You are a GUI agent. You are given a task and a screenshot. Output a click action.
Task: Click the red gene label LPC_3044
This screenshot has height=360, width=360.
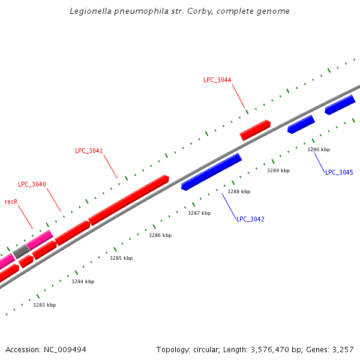(x=217, y=80)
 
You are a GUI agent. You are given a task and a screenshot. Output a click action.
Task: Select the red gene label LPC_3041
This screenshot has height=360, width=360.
(x=89, y=151)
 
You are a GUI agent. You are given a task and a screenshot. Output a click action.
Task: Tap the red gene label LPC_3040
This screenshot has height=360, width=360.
(x=32, y=184)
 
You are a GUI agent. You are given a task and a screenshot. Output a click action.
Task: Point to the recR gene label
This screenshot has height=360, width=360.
(x=11, y=202)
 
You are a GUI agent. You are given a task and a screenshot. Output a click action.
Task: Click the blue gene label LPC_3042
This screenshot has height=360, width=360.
(x=250, y=219)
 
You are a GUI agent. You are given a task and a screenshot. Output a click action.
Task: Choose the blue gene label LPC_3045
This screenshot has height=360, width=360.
(x=339, y=172)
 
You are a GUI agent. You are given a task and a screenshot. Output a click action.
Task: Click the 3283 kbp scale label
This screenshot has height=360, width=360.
(x=44, y=305)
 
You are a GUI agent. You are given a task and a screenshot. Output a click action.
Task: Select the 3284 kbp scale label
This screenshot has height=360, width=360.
(x=83, y=281)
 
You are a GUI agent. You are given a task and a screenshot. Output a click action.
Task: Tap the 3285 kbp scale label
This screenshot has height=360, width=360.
(x=121, y=258)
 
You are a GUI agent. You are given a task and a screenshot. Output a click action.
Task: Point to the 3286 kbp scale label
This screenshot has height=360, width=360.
(x=160, y=235)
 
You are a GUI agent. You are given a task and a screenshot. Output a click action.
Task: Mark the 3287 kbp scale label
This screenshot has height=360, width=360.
(x=199, y=213)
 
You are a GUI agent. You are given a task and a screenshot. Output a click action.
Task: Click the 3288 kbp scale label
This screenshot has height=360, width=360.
(x=239, y=191)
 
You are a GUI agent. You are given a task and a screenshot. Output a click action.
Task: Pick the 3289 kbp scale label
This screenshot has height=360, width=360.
(x=278, y=170)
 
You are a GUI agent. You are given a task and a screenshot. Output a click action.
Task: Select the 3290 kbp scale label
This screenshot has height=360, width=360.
(x=319, y=149)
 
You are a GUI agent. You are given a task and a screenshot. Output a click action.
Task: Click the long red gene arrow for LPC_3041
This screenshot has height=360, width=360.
(x=128, y=199)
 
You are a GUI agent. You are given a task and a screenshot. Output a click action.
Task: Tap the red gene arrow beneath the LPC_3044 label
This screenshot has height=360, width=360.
(x=255, y=130)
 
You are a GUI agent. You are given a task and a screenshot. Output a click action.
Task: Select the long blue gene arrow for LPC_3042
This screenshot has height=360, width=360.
(x=211, y=171)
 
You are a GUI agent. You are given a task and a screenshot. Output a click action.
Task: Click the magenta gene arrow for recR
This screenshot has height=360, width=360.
(x=40, y=239)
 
